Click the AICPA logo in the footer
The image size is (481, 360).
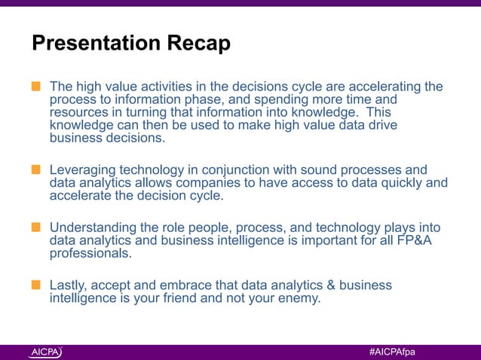46,352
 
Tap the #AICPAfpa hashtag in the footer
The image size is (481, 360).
392,352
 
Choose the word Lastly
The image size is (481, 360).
70,285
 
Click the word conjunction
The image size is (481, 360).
247,169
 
